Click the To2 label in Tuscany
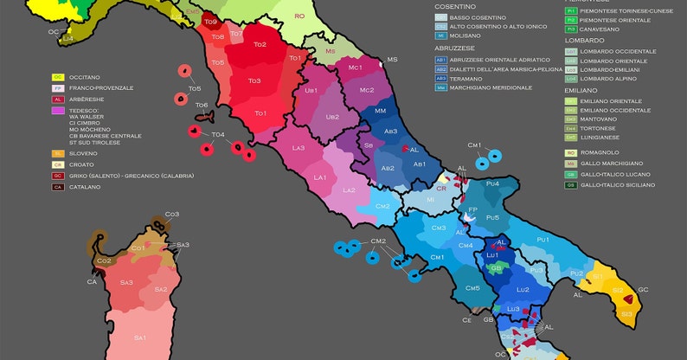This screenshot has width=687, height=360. (260, 44)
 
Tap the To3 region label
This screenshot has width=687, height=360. (254, 80)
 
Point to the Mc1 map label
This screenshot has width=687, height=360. (355, 67)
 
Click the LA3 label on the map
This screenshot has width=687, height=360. (299, 148)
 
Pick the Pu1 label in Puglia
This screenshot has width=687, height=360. (543, 239)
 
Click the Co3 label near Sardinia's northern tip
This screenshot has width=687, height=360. (172, 214)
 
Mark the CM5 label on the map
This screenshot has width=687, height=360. (472, 288)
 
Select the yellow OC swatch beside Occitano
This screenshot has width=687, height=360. (58, 77)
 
